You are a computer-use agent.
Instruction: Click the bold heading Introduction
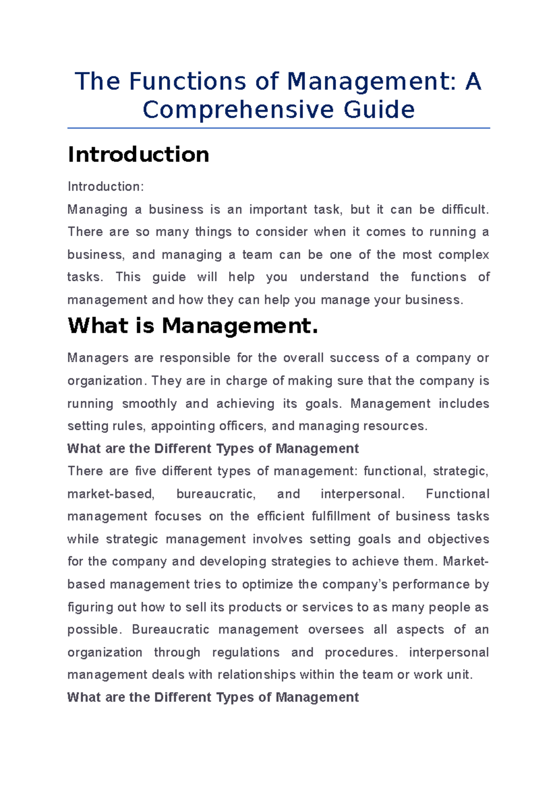(x=138, y=155)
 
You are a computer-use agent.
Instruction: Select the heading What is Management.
(x=193, y=326)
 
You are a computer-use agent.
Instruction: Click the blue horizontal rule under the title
(x=278, y=128)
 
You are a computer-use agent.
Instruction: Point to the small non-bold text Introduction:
(x=106, y=187)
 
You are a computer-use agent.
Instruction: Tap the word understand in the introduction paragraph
(x=334, y=277)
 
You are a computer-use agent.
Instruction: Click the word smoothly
(x=149, y=404)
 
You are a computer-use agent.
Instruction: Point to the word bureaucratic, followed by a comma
(x=216, y=494)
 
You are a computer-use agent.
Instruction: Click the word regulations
(x=246, y=652)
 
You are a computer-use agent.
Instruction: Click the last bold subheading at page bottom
(x=213, y=698)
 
